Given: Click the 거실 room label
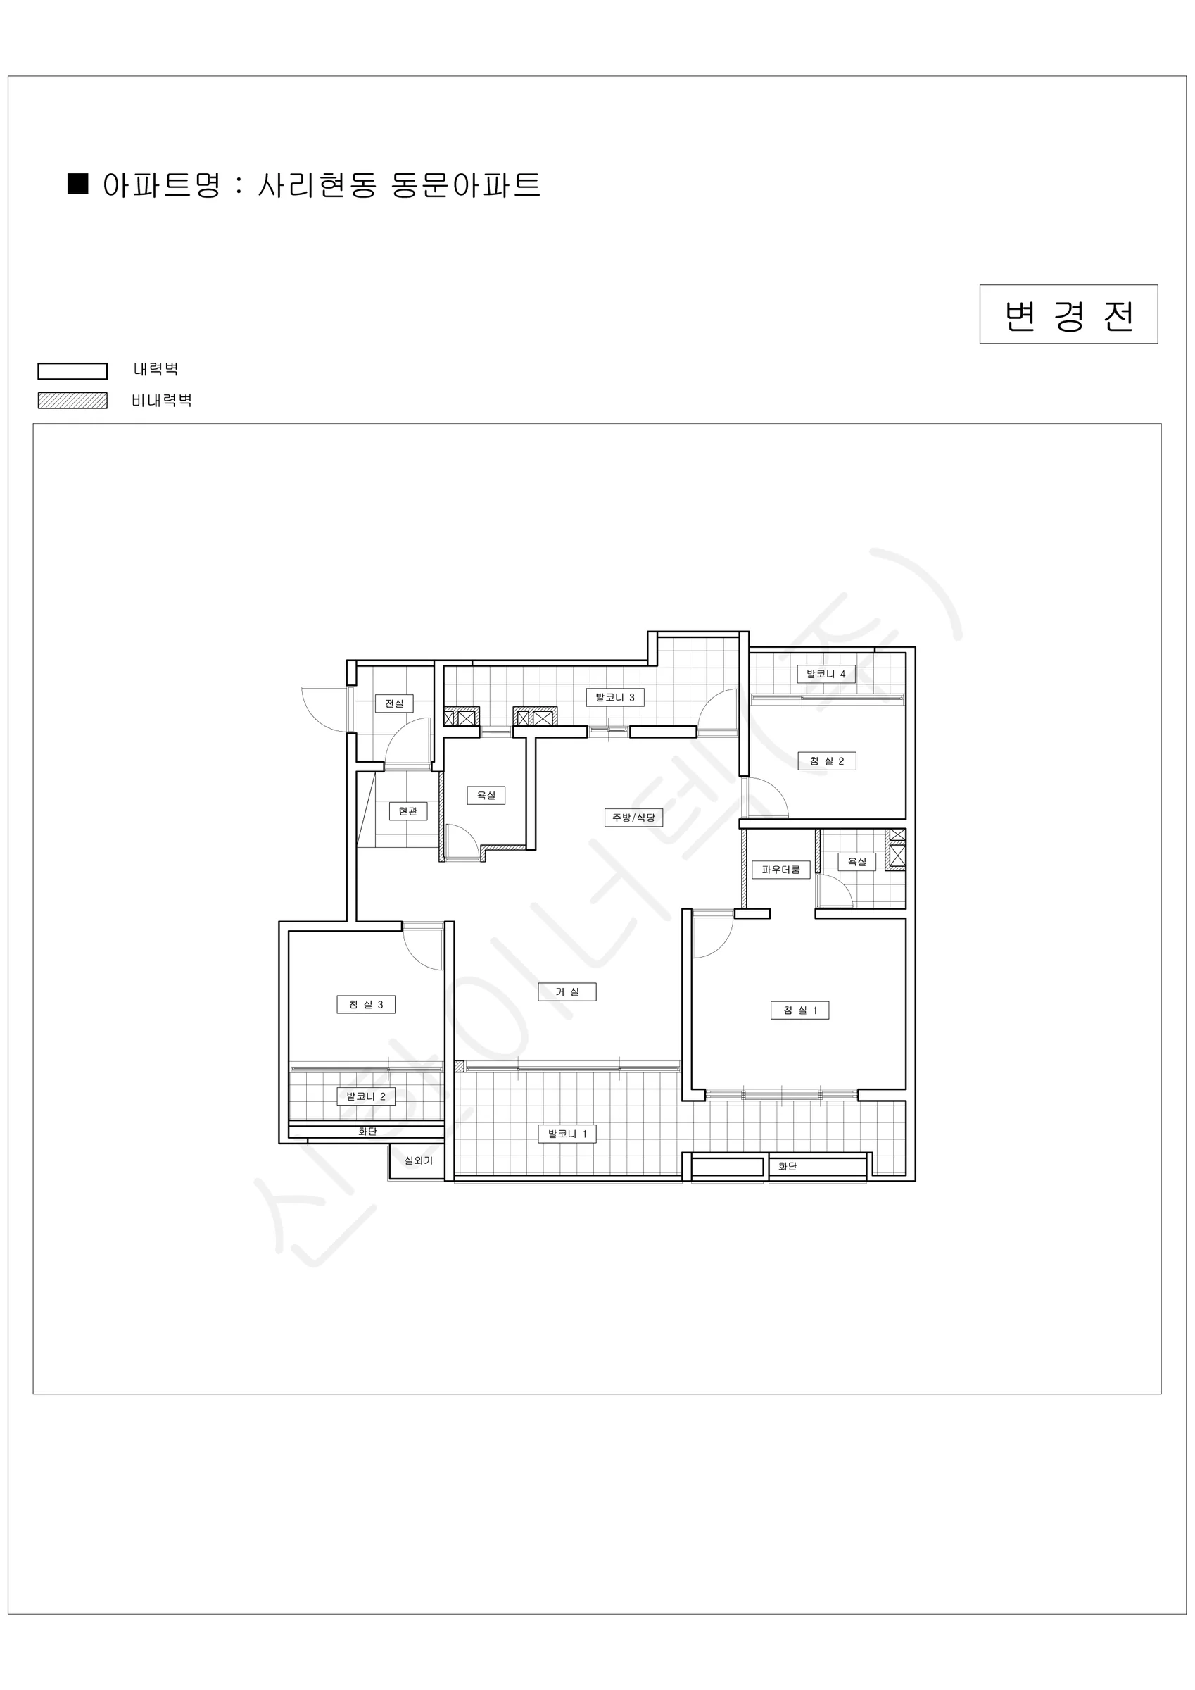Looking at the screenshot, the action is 567,991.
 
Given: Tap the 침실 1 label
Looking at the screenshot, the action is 800,1010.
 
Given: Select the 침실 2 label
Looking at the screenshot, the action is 827,760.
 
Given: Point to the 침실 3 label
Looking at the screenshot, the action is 366,1004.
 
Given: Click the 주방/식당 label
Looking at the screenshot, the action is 633,817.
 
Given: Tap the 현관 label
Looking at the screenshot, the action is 407,810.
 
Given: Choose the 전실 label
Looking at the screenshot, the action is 394,703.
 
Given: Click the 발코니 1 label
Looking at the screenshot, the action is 567,1134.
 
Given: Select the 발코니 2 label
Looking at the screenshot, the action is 366,1096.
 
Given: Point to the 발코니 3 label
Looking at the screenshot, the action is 615,697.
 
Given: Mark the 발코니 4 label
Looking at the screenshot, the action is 826,673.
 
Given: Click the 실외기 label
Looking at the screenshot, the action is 419,1160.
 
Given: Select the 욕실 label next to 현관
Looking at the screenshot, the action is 486,795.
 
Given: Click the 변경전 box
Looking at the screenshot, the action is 1068,314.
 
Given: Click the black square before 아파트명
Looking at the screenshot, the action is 78,183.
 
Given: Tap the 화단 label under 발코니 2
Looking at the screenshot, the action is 367,1132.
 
